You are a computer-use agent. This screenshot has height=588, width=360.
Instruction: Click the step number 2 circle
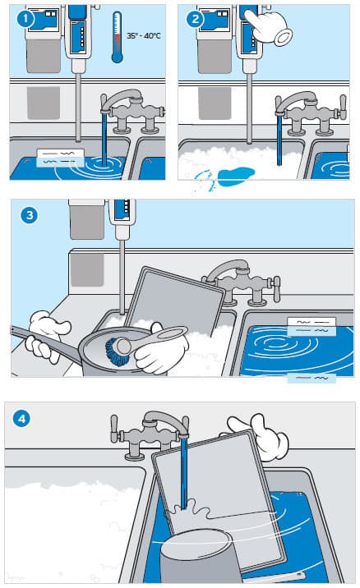[196, 19]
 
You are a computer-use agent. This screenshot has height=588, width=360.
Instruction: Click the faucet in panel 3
[238, 279]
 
